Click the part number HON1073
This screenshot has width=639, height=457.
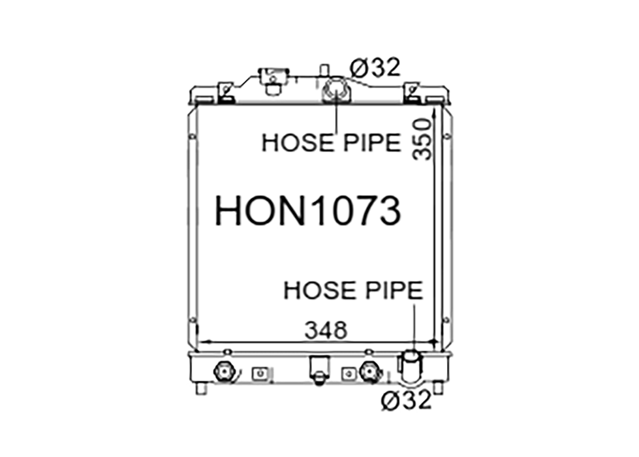click(307, 210)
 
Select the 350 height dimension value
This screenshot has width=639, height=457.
click(422, 140)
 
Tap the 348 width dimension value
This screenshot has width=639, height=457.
click(326, 330)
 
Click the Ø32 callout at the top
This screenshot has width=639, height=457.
click(375, 67)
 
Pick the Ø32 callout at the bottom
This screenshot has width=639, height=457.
click(406, 400)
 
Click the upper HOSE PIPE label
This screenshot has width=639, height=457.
click(332, 143)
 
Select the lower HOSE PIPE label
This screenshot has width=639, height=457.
click(353, 291)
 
